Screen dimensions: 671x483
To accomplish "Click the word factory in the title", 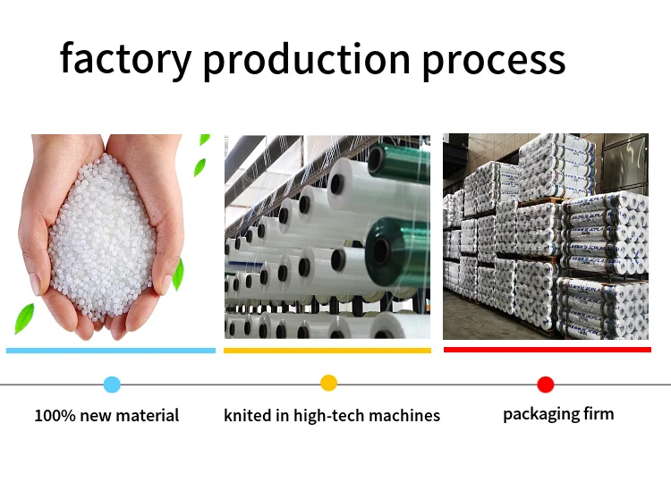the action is (x=125, y=59).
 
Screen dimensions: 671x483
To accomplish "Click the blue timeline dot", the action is (x=112, y=385).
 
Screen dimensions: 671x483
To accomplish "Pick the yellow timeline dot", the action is (x=328, y=383).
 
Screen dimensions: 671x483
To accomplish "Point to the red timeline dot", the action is (x=546, y=385).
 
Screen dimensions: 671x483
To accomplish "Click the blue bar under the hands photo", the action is (x=111, y=351).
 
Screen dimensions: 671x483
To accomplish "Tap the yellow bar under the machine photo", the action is (x=327, y=351).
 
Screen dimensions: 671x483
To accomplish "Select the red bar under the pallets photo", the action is (x=547, y=350).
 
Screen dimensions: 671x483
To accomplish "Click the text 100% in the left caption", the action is (x=53, y=415).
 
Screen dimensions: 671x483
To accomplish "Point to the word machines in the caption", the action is (x=407, y=415).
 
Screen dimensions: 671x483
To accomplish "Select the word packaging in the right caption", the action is (x=539, y=413).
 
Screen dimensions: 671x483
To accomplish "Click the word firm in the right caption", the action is (x=598, y=413).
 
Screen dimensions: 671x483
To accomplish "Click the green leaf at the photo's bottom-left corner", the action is (x=24, y=318).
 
